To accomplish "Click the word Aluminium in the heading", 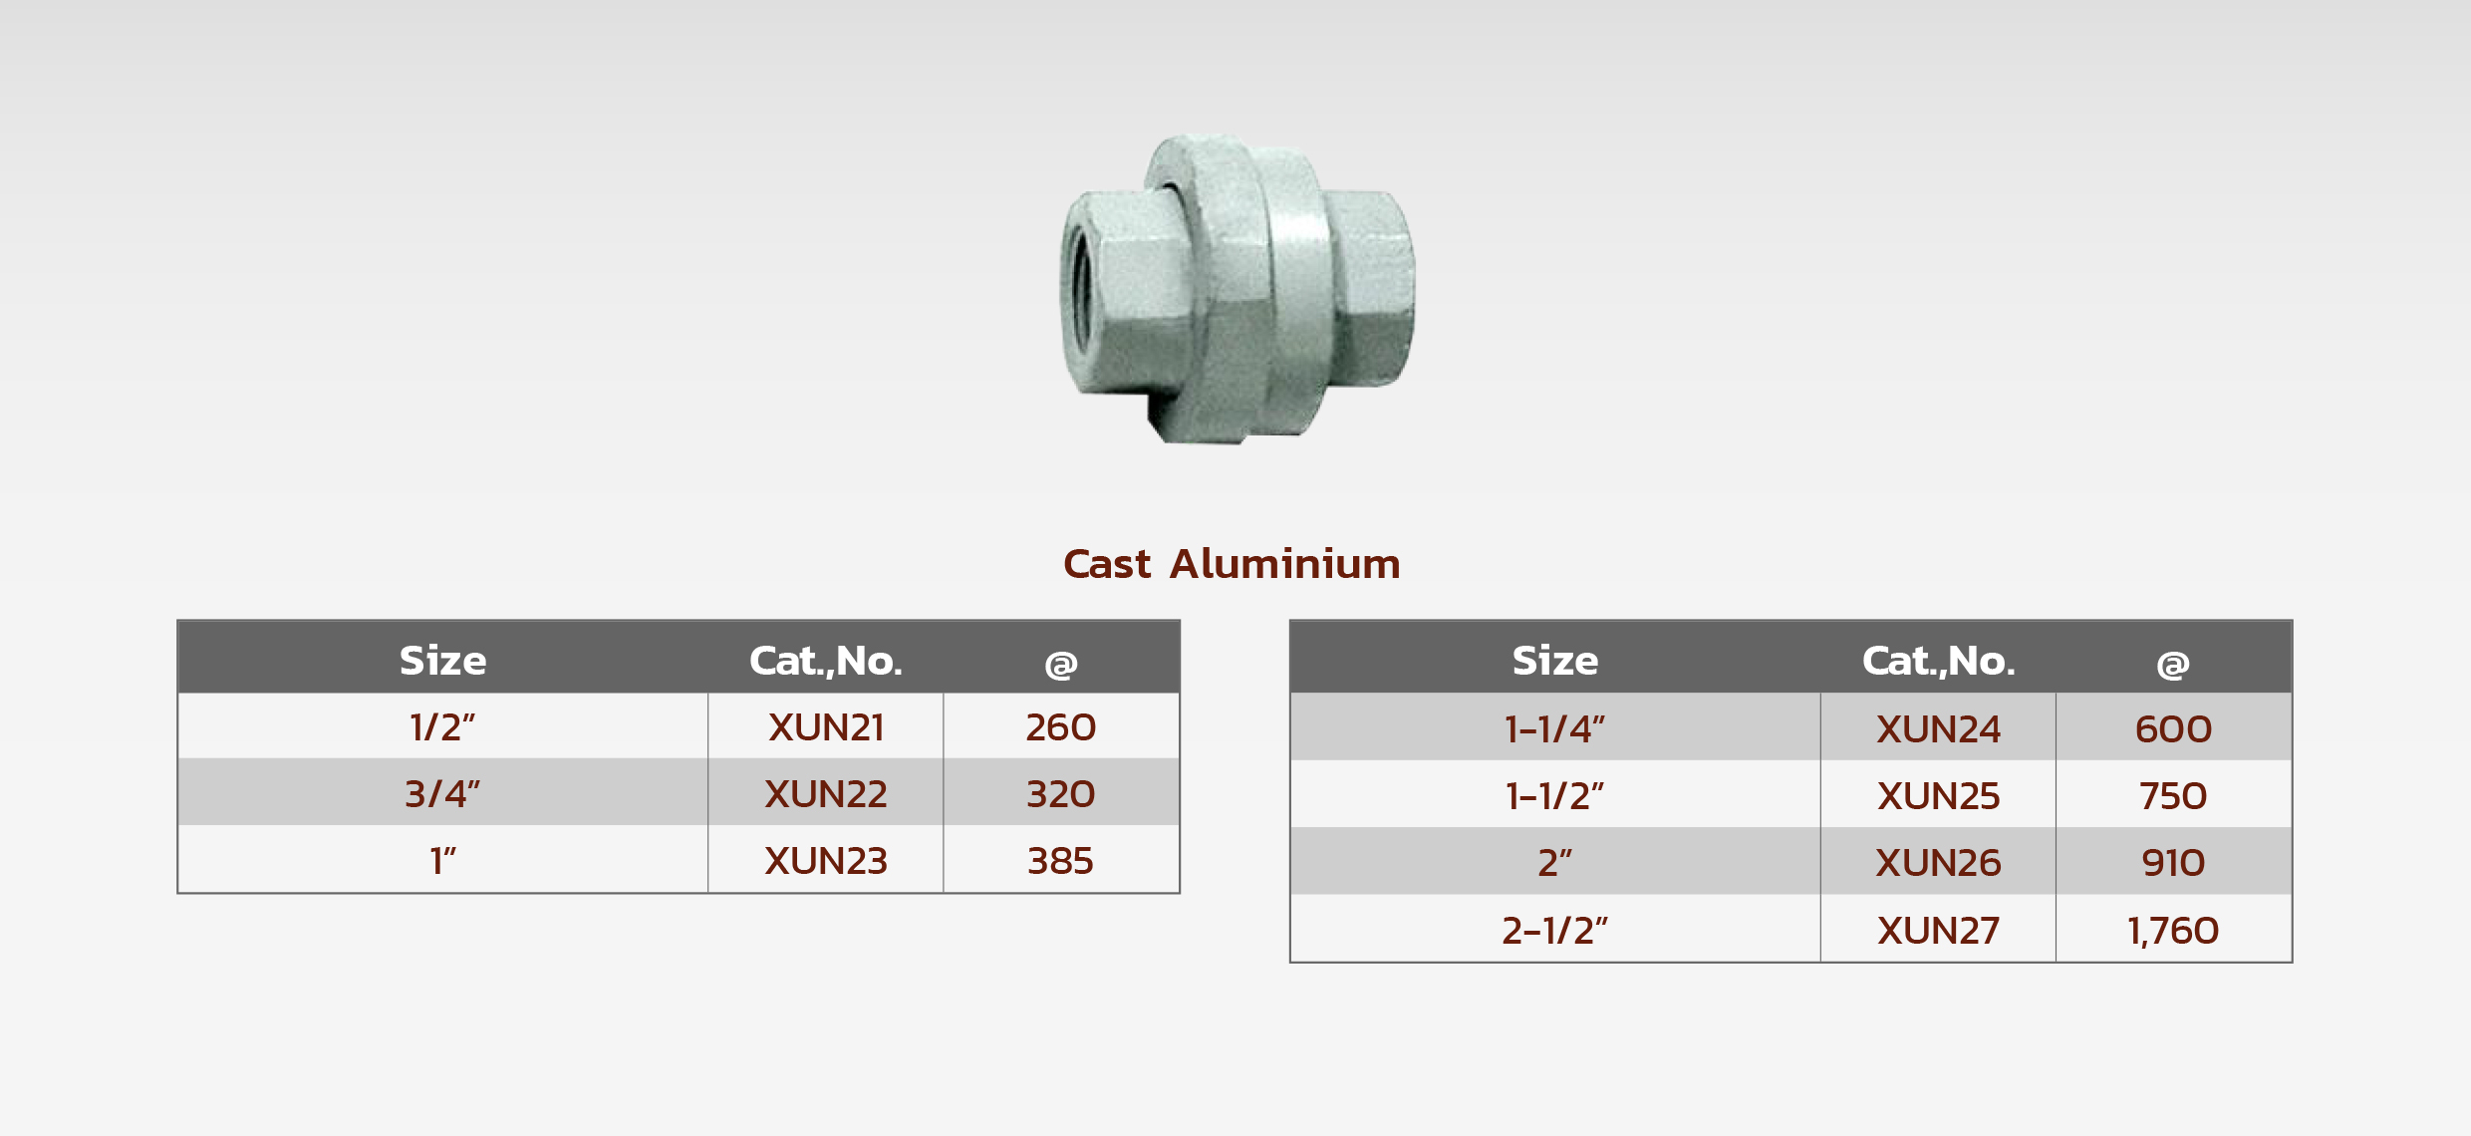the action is pos(1285,564).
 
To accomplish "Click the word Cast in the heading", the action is pos(1107,564).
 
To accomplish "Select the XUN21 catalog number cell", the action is pos(826,727).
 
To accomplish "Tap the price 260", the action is pos(1061,727).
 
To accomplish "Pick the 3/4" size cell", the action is pos(443,793).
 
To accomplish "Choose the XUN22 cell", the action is pos(826,793).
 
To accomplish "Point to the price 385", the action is pos(1061,861).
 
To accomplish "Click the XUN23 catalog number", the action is pos(826,861).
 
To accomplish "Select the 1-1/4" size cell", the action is pos(1555,728).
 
